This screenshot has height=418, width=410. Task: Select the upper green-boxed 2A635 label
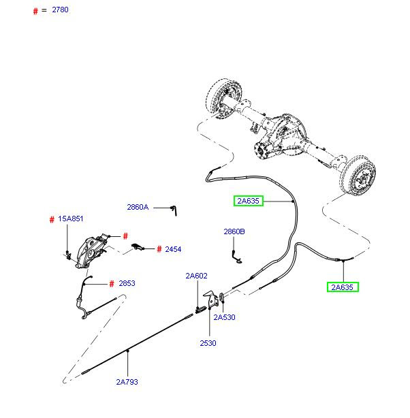point(247,201)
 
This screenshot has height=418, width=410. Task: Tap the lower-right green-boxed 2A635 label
point(343,287)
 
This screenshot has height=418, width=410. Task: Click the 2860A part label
point(137,207)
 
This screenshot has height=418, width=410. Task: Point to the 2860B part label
point(234,232)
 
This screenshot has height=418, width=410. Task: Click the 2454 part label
point(173,249)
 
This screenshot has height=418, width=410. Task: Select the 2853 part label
point(127,284)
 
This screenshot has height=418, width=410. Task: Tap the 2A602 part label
point(196,276)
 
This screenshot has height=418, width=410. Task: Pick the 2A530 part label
point(224,317)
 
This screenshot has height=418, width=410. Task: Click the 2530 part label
point(208,343)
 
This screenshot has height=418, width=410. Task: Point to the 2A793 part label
point(127,382)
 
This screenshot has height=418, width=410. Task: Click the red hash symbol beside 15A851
point(52,219)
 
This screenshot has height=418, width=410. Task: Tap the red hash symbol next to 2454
point(159,249)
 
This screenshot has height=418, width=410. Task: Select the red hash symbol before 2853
point(112,284)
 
